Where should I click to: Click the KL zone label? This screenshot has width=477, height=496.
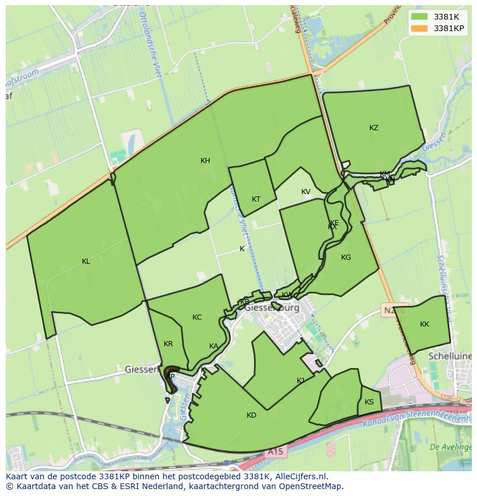pos(86,262)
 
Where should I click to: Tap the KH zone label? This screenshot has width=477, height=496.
pos(205,161)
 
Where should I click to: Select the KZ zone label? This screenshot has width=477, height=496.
pos(374,128)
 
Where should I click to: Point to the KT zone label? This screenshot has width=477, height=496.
pos(256,199)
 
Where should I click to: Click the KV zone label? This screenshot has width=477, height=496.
pos(306,192)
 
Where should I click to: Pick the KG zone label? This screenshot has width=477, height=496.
pos(346,258)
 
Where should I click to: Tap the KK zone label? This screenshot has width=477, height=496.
pos(425,324)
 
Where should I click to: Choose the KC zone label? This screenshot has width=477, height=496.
pos(197,317)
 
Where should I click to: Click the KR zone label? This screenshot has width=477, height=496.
pos(168,344)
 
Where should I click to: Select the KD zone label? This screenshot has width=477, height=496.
pos(251,415)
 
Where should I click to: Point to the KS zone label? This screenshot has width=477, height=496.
pos(369,402)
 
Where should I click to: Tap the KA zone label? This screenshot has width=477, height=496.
pos(214,346)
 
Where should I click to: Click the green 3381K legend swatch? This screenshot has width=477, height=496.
pos(419,16)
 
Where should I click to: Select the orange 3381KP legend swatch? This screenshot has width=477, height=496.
pos(419,28)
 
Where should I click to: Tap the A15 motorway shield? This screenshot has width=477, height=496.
pos(275,452)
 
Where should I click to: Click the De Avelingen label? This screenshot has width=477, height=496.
pos(450,446)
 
